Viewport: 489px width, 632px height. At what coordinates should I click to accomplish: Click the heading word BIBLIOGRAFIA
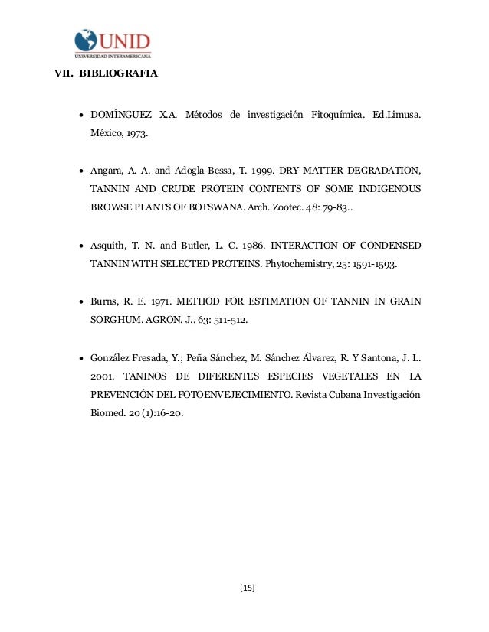click(x=118, y=75)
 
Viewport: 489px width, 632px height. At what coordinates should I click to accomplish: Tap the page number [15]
click(x=247, y=588)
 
